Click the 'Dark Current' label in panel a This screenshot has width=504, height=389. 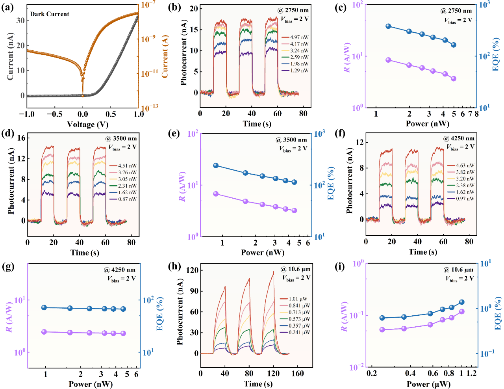click(50, 14)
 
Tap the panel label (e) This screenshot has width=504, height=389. click(174, 133)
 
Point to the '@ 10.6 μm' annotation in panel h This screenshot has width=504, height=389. click(295, 269)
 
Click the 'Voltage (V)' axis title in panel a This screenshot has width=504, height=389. click(87, 125)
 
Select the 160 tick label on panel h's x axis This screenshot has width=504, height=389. click(298, 373)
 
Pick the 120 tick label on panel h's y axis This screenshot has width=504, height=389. click(192, 270)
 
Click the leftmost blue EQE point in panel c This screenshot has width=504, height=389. click(388, 26)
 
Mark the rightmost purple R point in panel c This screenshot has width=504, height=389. click(454, 78)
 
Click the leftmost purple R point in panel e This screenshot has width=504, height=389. click(216, 194)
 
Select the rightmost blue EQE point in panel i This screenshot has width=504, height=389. click(462, 302)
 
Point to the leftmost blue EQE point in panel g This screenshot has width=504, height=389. click(44, 307)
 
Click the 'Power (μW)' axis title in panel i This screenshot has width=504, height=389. click(428, 384)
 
